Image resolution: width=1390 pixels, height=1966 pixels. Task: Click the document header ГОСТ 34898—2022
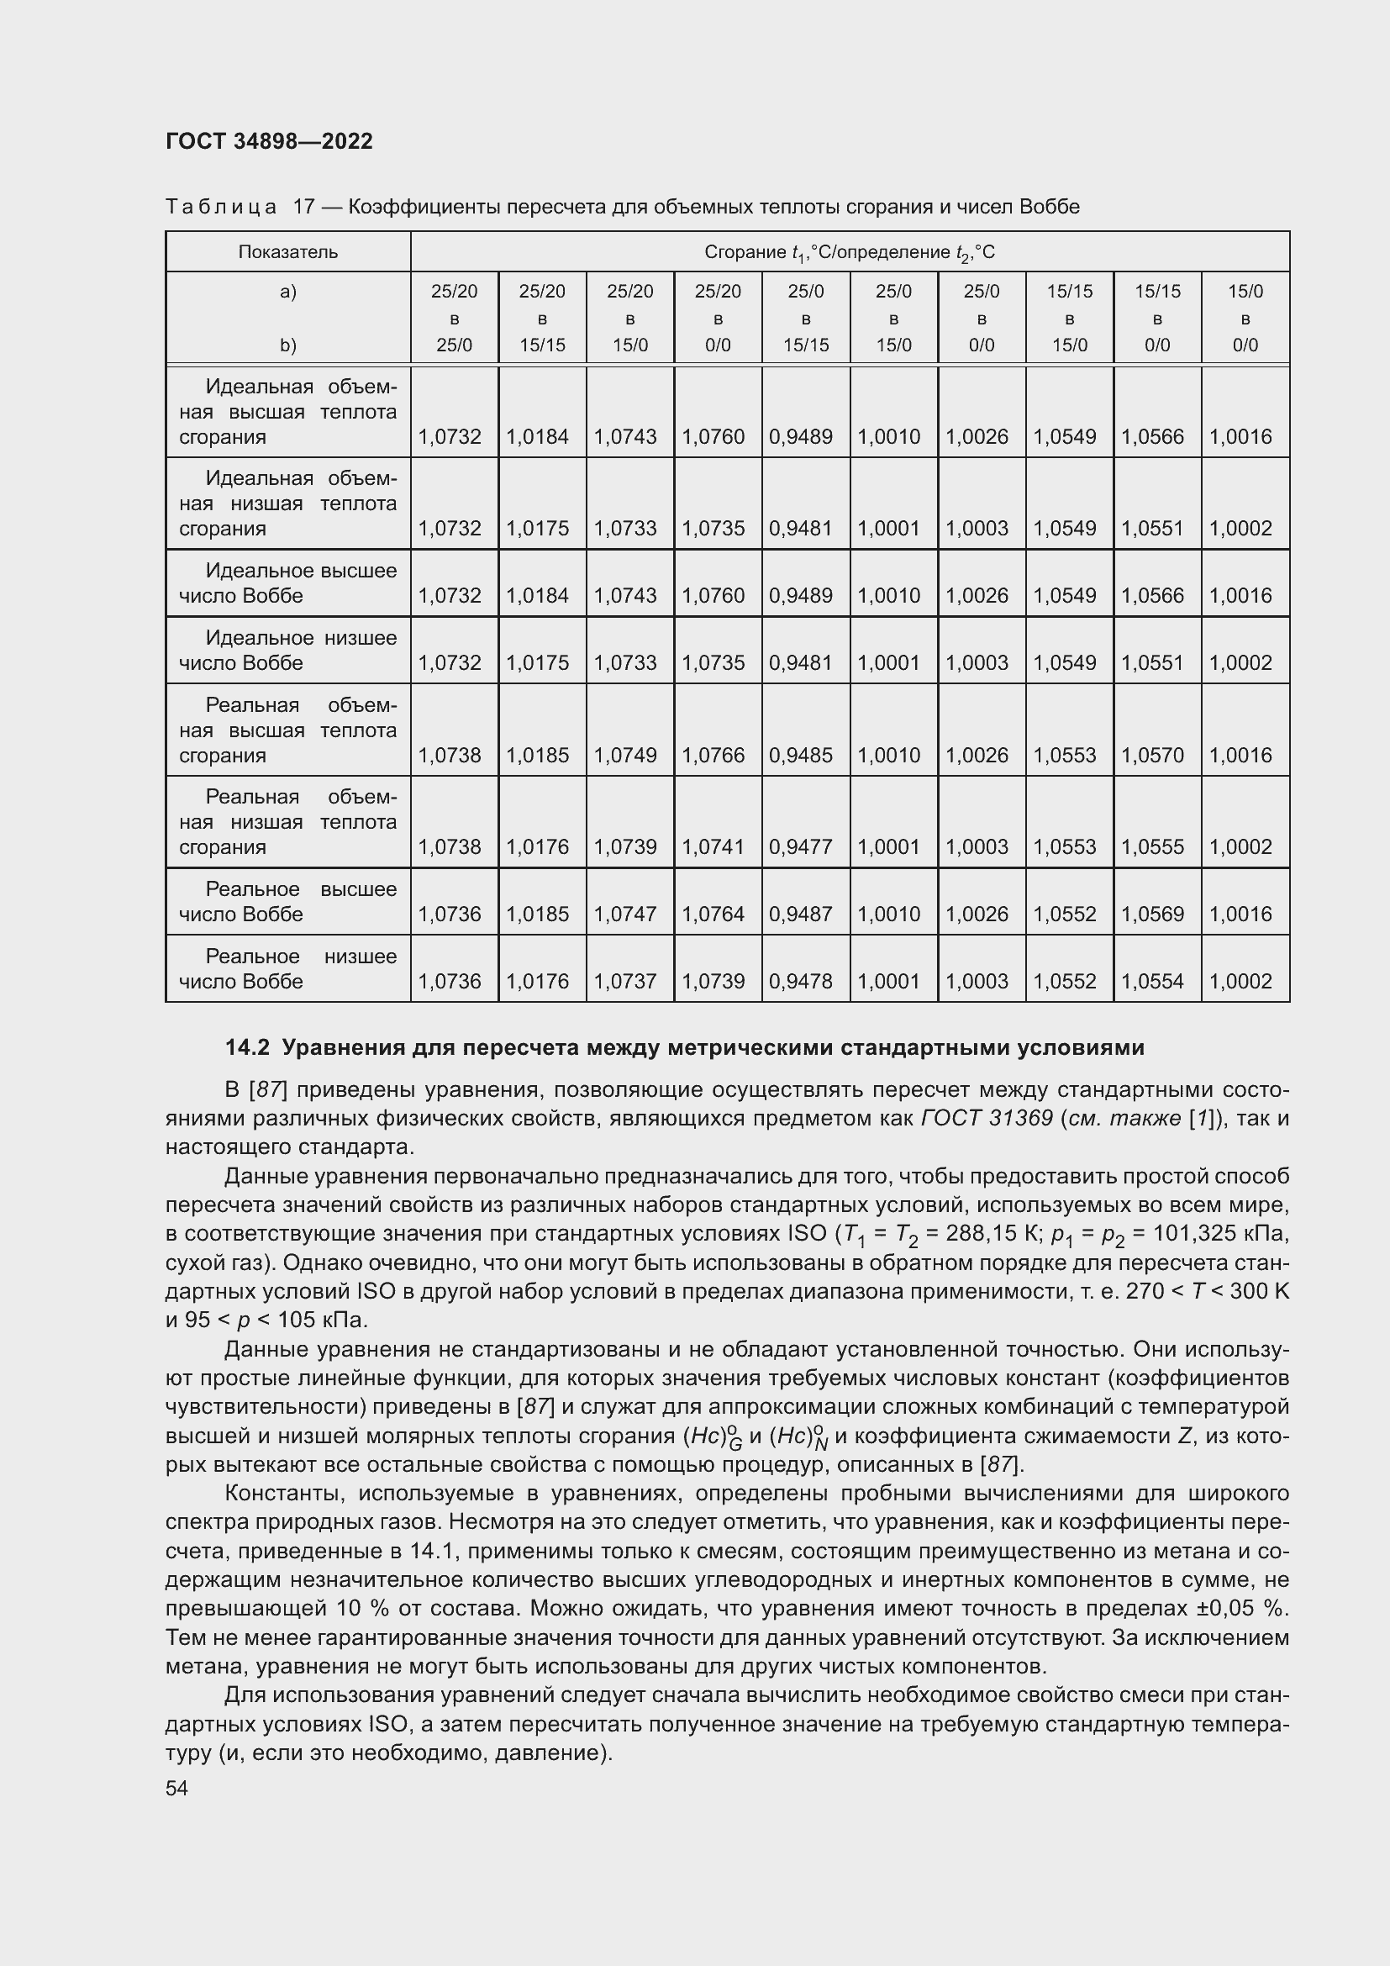269,141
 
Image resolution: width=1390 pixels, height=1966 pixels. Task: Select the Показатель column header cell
287,252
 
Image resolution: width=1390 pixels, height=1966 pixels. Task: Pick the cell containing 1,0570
1153,756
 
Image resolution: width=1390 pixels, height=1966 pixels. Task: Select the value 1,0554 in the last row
1153,981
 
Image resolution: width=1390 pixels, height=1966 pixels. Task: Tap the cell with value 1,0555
1153,847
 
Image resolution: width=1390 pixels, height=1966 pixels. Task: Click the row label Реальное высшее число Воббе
287,902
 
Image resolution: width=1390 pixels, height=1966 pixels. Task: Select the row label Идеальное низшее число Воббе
287,650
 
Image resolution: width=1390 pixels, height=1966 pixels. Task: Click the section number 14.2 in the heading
247,1047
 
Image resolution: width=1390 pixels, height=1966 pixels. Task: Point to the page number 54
176,1788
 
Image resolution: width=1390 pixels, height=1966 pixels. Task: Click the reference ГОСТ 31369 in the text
986,1118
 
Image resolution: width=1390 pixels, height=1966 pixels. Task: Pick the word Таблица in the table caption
221,208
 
